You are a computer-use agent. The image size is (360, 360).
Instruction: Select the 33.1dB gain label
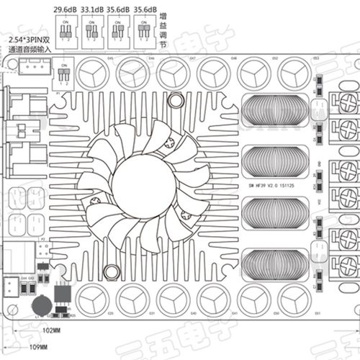pos(91,9)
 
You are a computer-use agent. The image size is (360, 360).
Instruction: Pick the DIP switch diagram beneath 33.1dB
pos(91,32)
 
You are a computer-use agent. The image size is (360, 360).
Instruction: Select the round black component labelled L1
pos(44,303)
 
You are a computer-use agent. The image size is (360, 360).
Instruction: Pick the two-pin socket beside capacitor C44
pos(12,285)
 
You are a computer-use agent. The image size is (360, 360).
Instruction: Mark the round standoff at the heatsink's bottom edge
pos(112,271)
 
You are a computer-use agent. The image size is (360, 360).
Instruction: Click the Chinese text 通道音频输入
pos(27,50)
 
